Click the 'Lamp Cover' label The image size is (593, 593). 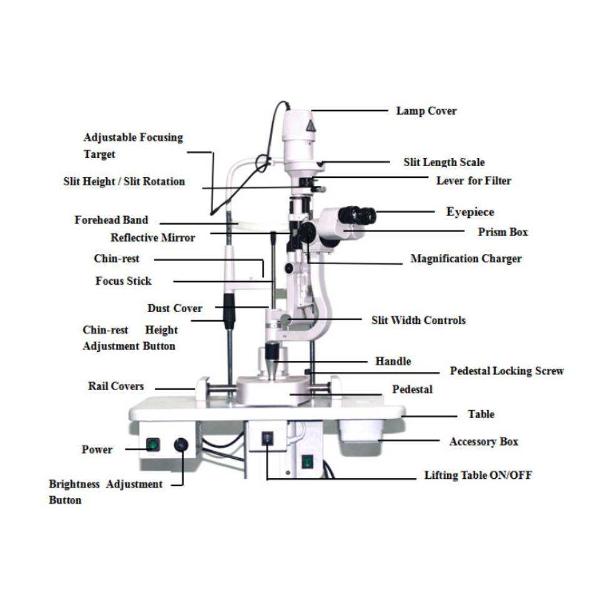[426, 111]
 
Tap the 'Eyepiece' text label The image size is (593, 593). [470, 212]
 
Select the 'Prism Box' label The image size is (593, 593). [502, 232]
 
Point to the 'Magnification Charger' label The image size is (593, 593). [466, 258]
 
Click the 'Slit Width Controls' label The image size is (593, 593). [418, 320]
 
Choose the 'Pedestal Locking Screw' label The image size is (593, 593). [507, 371]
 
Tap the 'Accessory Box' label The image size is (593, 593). [484, 442]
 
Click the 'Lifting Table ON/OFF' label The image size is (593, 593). [478, 476]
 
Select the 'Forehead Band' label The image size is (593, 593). [111, 220]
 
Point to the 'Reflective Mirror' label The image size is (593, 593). [153, 238]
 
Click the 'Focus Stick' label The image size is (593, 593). [123, 281]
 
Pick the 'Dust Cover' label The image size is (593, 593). [175, 308]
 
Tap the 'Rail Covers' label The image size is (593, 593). [116, 386]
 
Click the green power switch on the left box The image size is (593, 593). [151, 445]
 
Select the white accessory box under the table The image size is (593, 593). [360, 431]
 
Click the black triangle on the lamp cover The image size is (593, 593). [310, 126]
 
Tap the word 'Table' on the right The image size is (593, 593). [481, 414]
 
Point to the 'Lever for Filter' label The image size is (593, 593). [473, 181]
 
